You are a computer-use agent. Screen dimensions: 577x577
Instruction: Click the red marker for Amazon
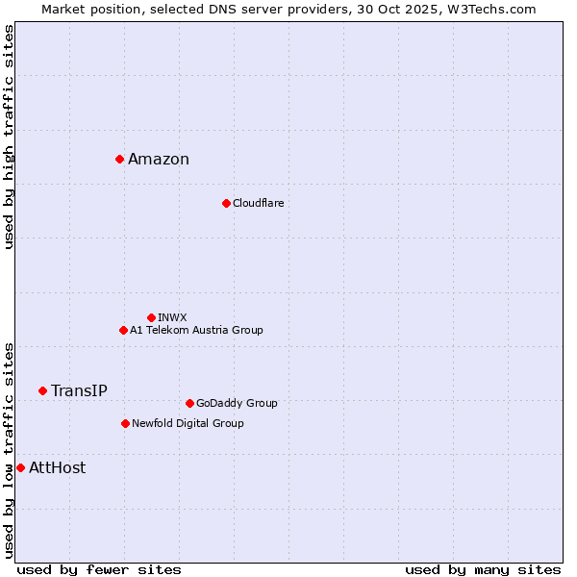coord(119,159)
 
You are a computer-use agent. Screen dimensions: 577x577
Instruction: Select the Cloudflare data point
coord(226,203)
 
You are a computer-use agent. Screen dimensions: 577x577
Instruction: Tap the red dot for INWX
coord(151,317)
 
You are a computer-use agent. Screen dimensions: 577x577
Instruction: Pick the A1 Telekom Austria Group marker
coord(123,330)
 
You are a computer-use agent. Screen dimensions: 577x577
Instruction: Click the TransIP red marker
coord(42,390)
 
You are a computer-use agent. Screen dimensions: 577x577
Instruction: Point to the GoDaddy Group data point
coord(189,403)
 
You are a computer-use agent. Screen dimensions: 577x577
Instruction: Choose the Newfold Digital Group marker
coord(125,423)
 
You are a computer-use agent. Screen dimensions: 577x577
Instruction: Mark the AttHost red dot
coord(20,467)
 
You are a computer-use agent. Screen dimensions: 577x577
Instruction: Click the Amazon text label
coord(159,160)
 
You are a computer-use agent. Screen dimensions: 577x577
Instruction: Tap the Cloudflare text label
coord(258,203)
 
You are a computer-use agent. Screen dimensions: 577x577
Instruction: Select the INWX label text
coord(172,317)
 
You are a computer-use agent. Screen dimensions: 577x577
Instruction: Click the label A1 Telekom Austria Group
coord(196,330)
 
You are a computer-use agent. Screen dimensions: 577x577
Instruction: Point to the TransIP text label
coord(79,390)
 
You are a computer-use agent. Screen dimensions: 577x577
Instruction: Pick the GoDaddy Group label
coord(237,403)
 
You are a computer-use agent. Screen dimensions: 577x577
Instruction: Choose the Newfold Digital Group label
coord(188,423)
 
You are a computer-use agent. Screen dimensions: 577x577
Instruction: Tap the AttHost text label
coord(57,468)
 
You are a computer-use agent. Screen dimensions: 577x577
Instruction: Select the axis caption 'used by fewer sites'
coord(99,569)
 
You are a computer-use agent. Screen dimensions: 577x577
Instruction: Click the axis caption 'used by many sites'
coord(483,569)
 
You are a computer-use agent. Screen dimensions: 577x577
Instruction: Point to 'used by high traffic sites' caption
coord(9,137)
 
